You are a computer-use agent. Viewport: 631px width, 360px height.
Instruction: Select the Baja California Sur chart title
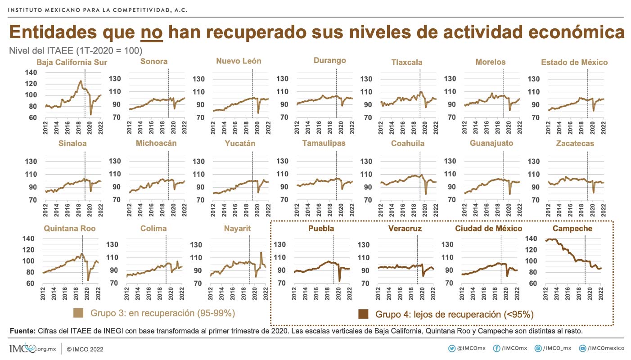point(72,62)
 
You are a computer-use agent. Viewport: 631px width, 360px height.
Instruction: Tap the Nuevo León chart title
point(239,61)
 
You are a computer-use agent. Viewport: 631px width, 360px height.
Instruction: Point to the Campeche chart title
point(572,229)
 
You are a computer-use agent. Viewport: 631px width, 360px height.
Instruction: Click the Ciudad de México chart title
point(489,229)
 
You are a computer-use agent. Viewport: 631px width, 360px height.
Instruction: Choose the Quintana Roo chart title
point(70,229)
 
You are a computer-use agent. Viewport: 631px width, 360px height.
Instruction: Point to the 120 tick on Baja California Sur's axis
point(31,84)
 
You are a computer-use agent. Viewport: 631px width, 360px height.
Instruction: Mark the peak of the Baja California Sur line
point(81,81)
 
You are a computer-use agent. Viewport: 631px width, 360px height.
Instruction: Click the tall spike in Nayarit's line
point(261,253)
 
